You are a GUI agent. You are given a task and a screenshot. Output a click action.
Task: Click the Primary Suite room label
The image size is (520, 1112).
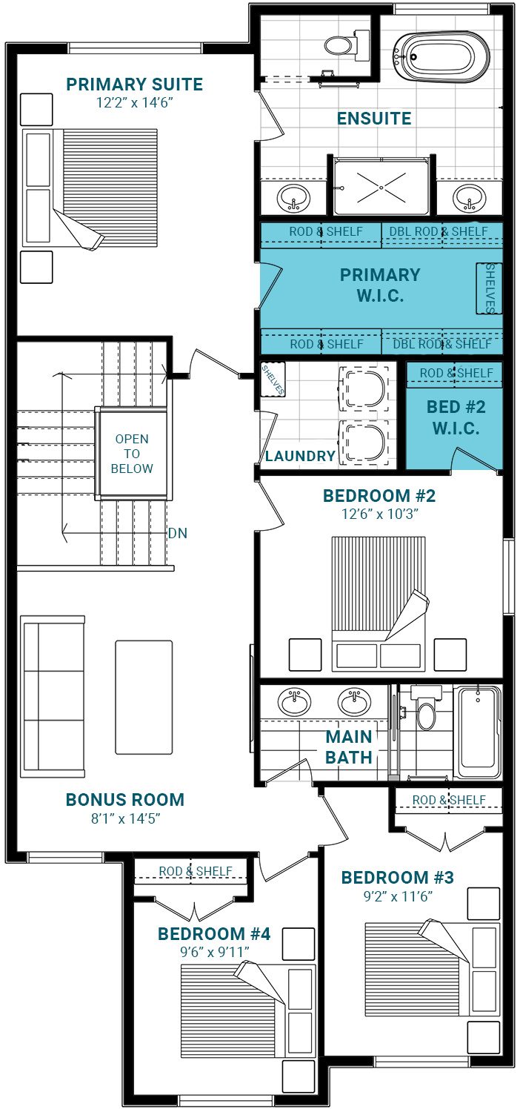point(135,85)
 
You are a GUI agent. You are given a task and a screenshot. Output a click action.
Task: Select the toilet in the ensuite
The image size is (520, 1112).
point(347,44)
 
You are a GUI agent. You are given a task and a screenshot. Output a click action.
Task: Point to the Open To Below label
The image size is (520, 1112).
point(132,454)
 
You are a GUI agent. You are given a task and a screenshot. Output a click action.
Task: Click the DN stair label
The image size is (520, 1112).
point(178,533)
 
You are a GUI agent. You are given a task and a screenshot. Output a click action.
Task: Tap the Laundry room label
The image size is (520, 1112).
point(300,456)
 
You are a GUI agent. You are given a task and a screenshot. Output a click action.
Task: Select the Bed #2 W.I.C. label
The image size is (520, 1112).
point(456,417)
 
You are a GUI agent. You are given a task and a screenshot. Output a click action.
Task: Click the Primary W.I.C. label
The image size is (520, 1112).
point(380,285)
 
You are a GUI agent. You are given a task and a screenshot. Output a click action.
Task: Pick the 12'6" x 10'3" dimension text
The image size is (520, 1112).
point(380,514)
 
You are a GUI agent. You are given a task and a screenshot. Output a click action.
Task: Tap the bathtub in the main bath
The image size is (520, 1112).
point(478,732)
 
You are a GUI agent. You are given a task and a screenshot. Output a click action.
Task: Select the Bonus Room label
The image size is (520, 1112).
point(125,800)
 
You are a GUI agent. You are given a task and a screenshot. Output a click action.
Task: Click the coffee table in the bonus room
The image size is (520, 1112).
point(144,697)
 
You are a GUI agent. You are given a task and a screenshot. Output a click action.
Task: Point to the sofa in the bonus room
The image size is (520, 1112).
point(53,697)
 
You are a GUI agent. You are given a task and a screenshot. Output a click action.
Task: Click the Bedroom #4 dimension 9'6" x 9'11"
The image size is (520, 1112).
point(214,952)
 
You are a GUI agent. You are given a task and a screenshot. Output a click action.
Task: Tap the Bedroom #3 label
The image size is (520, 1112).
point(398,878)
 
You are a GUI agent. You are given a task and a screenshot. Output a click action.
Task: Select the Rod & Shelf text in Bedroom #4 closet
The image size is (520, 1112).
point(196,871)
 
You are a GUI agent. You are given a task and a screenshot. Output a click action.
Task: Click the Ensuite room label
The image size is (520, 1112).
point(374,119)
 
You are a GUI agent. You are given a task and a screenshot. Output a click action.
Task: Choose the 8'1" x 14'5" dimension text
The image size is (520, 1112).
point(125,818)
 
